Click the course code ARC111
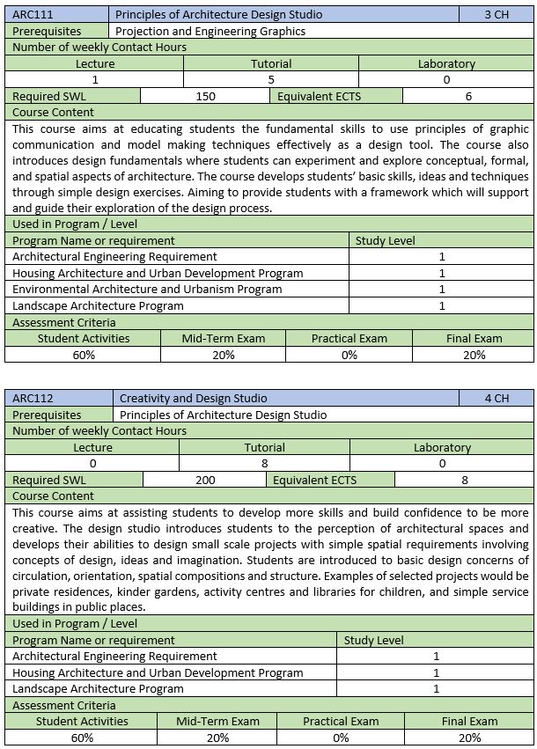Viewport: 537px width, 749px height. tap(30, 14)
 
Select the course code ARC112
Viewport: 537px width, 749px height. tap(30, 398)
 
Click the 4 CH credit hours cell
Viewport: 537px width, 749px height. tap(496, 398)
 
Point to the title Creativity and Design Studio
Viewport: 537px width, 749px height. tap(193, 398)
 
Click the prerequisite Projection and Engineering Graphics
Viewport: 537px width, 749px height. tap(210, 31)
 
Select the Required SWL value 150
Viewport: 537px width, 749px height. tap(205, 96)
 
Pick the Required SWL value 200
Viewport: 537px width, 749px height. tap(205, 480)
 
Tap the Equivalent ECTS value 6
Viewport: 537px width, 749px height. tap(468, 96)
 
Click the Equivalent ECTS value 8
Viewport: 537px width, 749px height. tap(465, 480)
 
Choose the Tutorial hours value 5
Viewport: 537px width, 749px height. tap(271, 79)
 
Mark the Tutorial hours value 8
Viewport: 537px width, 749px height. tap(264, 463)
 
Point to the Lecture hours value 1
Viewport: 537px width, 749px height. tap(95, 79)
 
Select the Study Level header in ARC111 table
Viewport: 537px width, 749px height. tap(385, 240)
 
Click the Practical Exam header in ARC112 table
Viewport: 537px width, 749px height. tap(341, 721)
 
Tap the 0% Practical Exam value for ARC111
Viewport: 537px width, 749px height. tap(349, 355)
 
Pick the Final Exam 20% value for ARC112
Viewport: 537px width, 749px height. tap(470, 738)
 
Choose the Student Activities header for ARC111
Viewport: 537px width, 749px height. tap(84, 338)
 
